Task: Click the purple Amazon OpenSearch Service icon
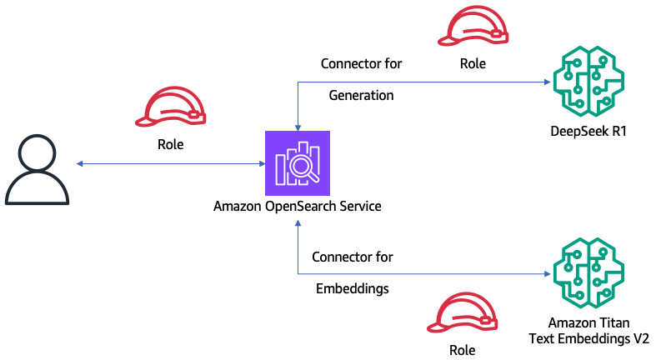pos(297,163)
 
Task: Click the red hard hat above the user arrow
pos(171,109)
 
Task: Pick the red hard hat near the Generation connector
pos(473,29)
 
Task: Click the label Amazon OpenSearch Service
pos(297,205)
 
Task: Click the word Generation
pos(361,95)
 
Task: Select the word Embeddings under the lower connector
pos(352,289)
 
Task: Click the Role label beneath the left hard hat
pos(171,144)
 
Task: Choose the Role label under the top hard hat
pos(473,62)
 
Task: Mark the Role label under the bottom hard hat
pos(462,350)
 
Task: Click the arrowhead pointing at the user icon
pos(77,163)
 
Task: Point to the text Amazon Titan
pos(588,322)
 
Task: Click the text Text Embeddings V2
pos(588,337)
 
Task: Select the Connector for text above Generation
pos(361,63)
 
